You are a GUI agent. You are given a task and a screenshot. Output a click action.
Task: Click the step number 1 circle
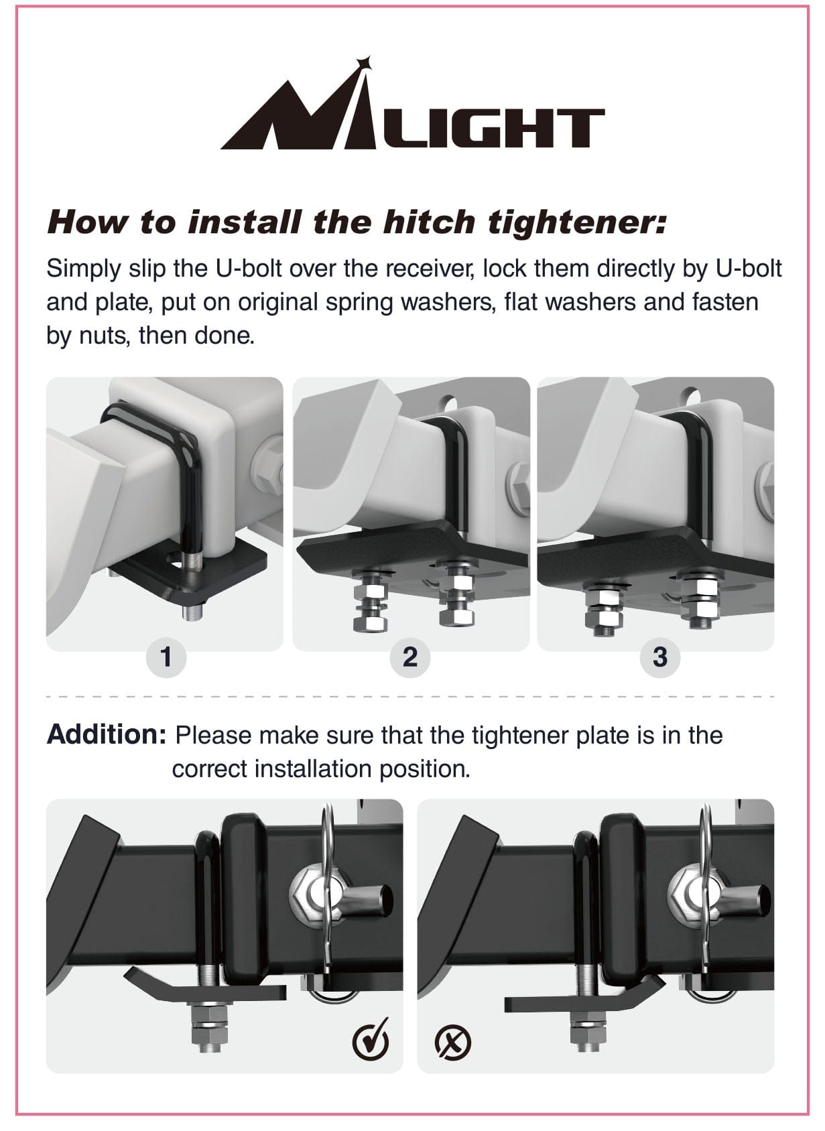click(x=166, y=657)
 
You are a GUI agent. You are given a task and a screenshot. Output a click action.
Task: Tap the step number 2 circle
click(x=410, y=657)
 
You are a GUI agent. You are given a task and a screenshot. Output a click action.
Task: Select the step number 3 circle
click(x=660, y=657)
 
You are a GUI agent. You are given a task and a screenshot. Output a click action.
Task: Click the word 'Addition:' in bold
click(x=106, y=735)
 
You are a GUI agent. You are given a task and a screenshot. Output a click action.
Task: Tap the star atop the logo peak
click(x=363, y=64)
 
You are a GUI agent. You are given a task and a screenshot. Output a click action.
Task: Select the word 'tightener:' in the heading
click(x=576, y=222)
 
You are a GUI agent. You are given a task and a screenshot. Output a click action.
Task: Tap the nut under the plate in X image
click(x=588, y=1032)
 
